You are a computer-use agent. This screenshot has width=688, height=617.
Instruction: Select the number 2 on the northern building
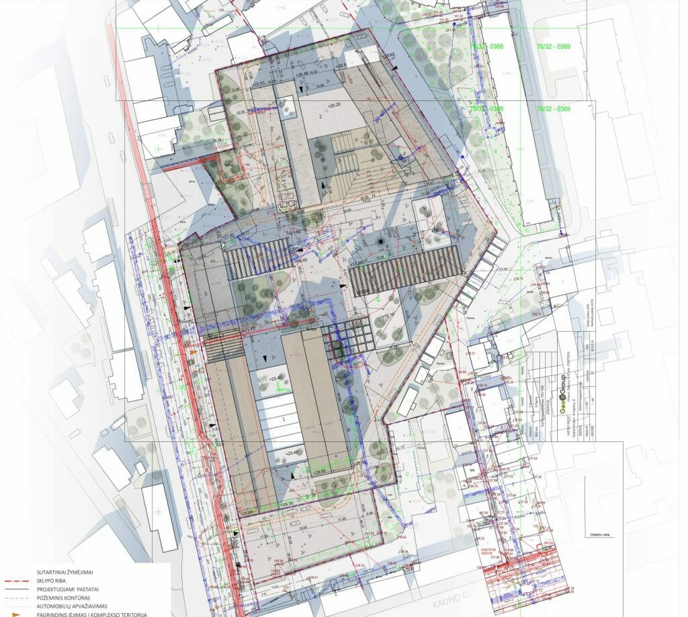(x=321, y=116)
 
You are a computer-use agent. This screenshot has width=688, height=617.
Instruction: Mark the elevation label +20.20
(x=335, y=106)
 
